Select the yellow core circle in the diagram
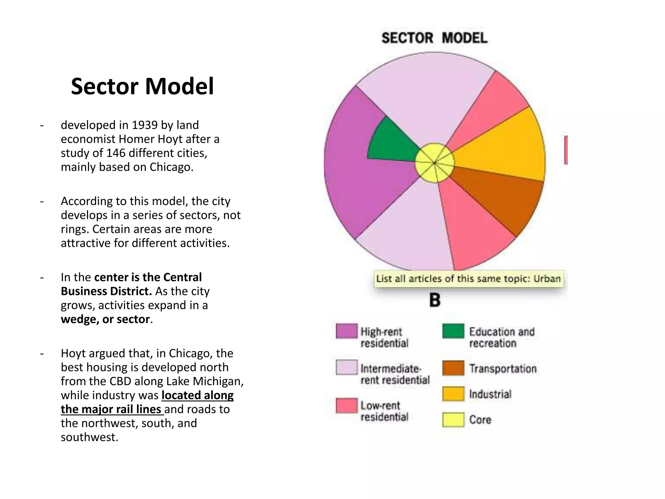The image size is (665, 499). click(x=434, y=162)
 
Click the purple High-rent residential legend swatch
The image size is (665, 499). click(x=346, y=331)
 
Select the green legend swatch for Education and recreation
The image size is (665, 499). click(x=453, y=331)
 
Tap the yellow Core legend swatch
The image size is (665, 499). click(x=453, y=419)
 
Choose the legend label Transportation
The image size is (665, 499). click(x=503, y=369)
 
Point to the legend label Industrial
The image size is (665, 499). click(x=490, y=394)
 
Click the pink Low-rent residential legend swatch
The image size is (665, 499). click(x=346, y=406)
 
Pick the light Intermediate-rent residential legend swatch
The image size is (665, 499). click(x=346, y=367)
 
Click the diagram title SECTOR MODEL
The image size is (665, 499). click(x=434, y=38)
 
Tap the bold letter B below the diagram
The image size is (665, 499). click(x=435, y=300)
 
